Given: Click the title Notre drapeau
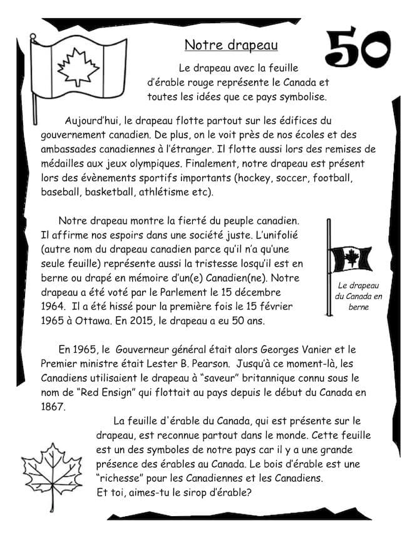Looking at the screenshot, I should click(x=231, y=45).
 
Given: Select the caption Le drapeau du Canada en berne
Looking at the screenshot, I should click(x=359, y=296).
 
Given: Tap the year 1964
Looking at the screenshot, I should click(x=53, y=307).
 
